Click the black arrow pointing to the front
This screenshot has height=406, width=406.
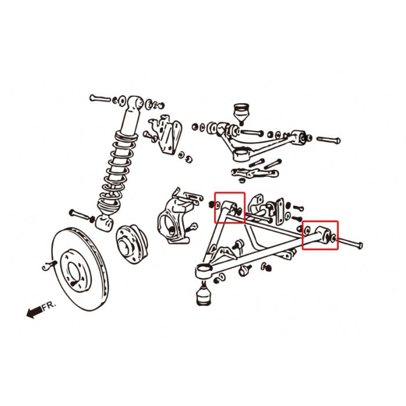click(35, 313)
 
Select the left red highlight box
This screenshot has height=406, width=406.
click(230, 208)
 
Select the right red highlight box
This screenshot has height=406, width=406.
click(320, 234)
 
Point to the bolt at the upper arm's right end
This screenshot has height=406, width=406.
click(328, 140)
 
